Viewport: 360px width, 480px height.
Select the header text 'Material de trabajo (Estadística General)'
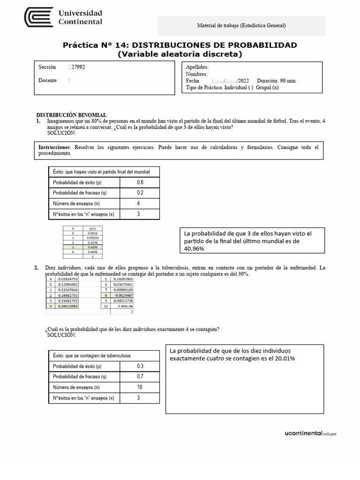click(x=241, y=26)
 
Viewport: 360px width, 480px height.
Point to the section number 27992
click(x=78, y=67)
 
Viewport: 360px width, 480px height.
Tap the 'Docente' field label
click(x=47, y=81)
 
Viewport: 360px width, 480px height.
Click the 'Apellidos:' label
click(x=197, y=67)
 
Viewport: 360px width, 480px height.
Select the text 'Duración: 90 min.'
click(x=277, y=81)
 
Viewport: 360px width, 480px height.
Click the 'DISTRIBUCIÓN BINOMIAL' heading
click(x=71, y=115)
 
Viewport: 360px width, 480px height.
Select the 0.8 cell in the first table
click(x=140, y=182)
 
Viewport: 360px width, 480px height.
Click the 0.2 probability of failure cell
click(x=140, y=193)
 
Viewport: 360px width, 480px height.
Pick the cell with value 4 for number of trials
click(x=138, y=203)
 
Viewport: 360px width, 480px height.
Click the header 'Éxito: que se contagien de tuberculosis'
click(x=92, y=356)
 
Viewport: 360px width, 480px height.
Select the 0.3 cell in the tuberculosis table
click(x=140, y=366)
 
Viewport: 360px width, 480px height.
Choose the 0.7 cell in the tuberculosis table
click(x=140, y=376)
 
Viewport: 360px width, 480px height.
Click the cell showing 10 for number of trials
click(x=139, y=387)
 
